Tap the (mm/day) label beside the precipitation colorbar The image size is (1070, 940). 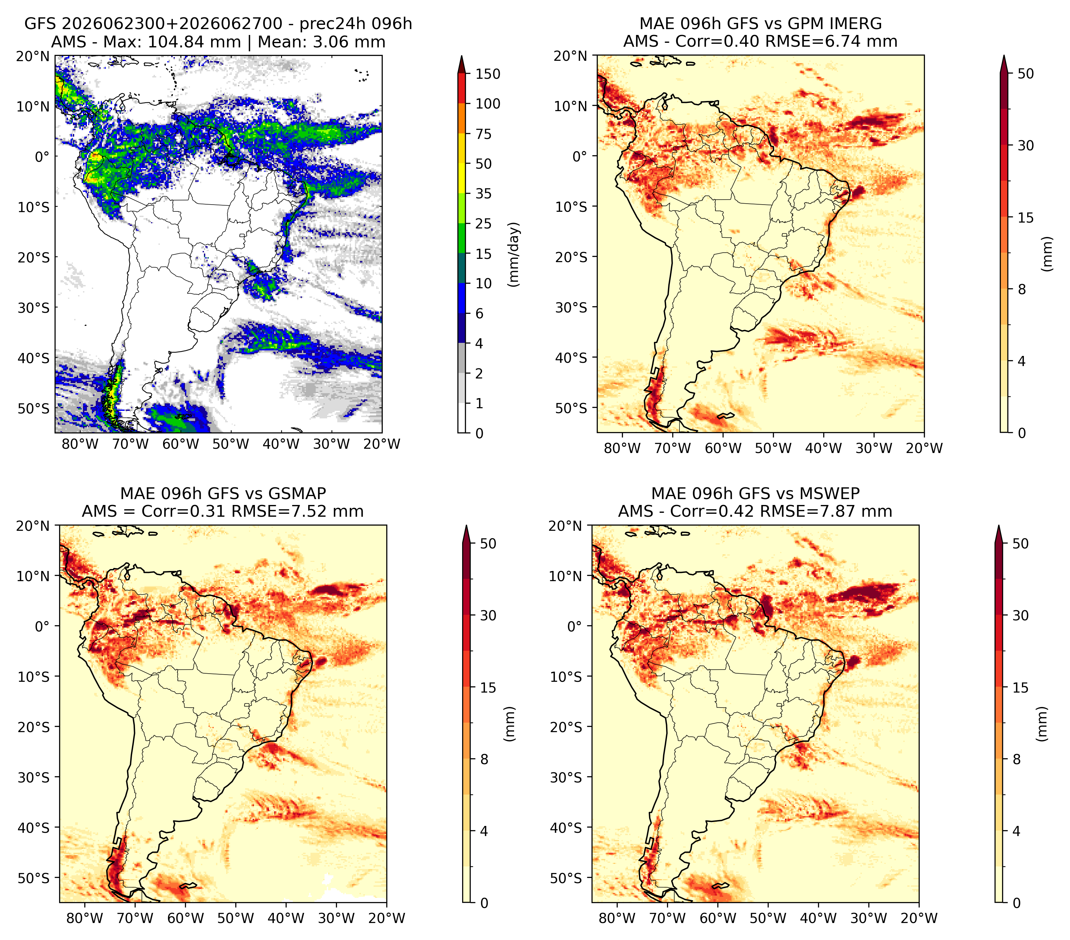tap(515, 254)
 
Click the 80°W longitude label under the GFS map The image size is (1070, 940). tap(80, 445)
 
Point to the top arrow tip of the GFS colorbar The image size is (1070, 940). tap(461, 56)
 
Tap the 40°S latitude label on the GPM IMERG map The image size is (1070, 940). tap(571, 358)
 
